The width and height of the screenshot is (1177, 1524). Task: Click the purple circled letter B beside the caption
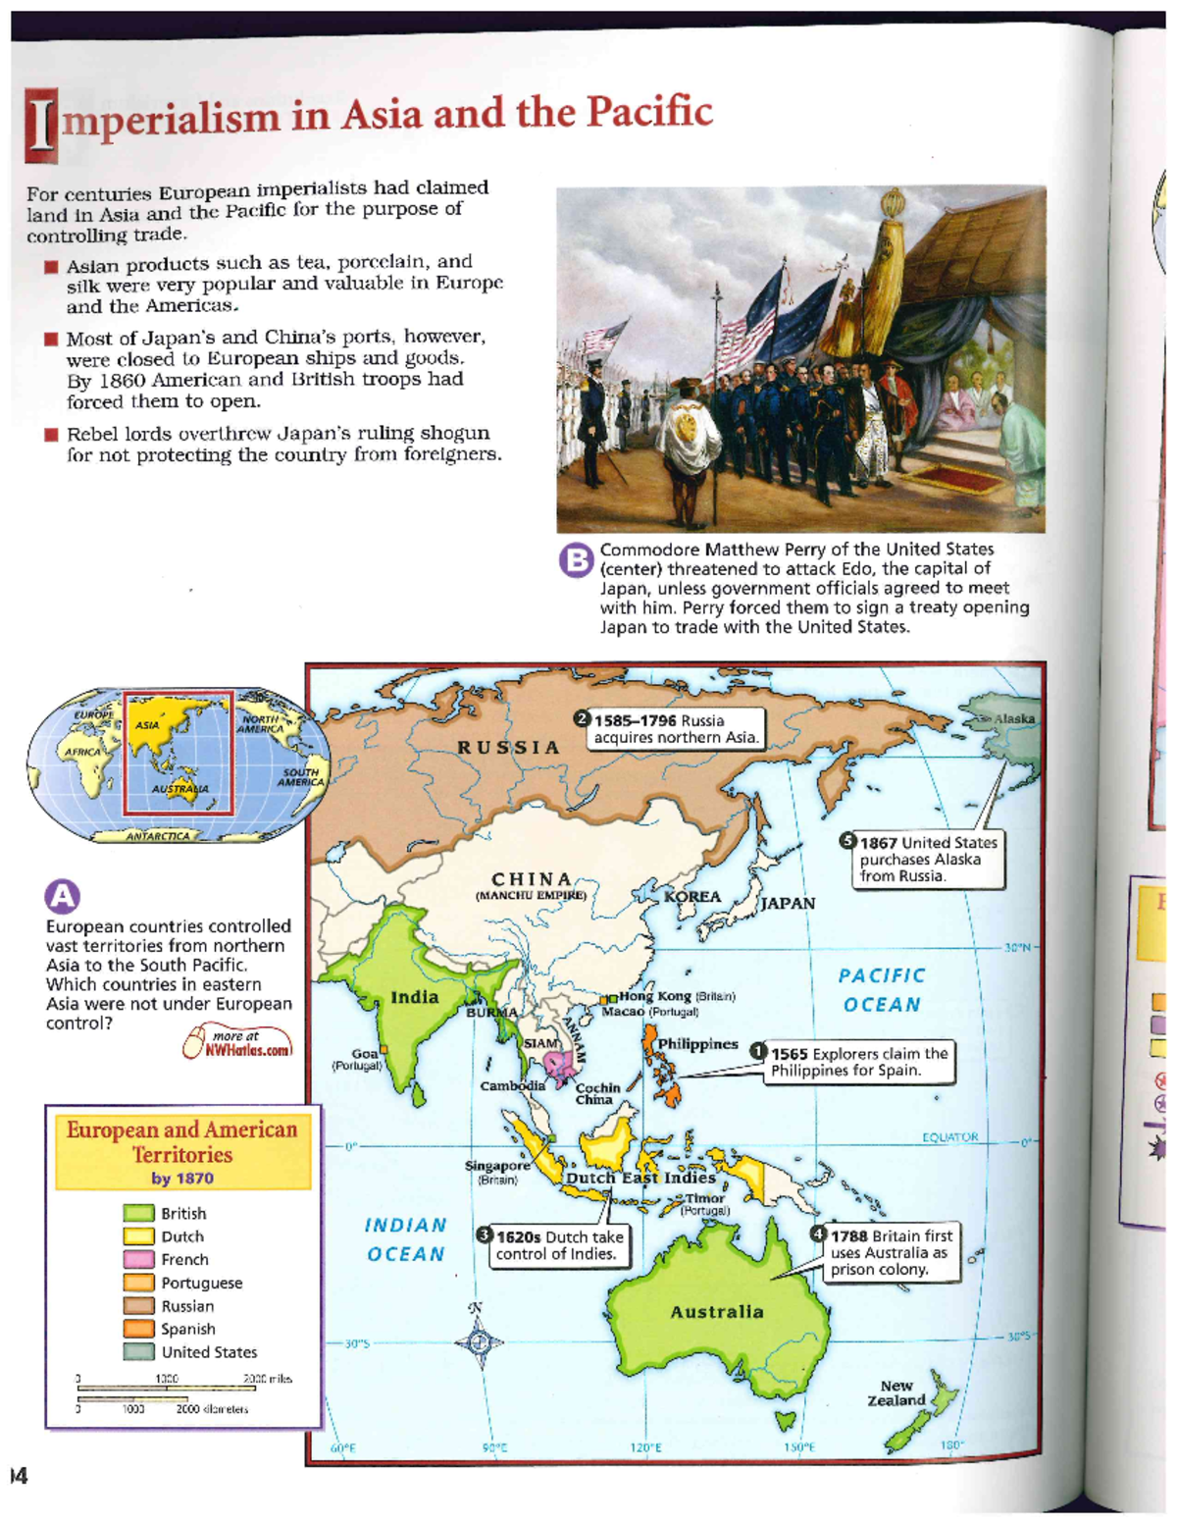[576, 560]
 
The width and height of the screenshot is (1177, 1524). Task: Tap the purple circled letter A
[62, 895]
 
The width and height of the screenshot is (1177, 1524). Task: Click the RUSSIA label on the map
[508, 748]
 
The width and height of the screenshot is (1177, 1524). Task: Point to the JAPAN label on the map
[787, 903]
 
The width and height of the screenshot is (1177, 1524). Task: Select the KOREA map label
[692, 897]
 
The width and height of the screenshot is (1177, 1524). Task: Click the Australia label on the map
[717, 1312]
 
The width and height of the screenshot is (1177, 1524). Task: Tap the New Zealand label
[896, 1393]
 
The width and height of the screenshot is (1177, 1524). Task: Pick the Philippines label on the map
[697, 1044]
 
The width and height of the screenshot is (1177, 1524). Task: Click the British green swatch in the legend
[138, 1213]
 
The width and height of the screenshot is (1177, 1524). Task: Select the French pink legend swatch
[138, 1259]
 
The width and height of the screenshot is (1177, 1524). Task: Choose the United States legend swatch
[138, 1351]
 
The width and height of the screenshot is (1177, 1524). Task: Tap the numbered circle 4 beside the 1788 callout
[819, 1235]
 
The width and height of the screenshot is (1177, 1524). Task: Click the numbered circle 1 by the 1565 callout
[758, 1051]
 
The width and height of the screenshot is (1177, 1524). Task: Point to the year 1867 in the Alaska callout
[878, 843]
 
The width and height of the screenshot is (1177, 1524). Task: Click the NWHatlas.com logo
[238, 1043]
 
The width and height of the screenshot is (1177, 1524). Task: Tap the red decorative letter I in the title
[41, 125]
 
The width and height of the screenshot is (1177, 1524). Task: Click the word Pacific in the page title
[649, 112]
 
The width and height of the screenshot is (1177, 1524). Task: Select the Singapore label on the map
[497, 1166]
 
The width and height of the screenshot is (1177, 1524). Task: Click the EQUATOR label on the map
[949, 1136]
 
